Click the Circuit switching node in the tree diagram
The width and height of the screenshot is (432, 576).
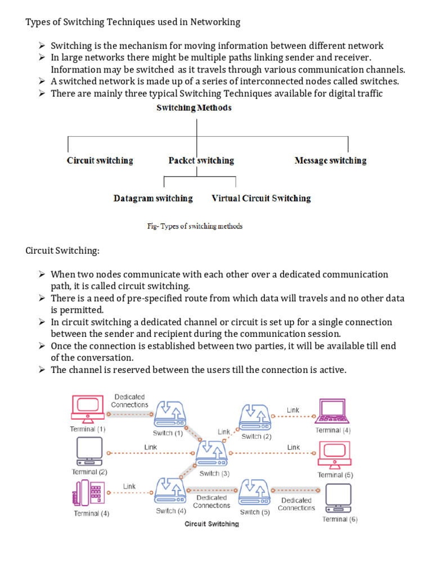(100, 161)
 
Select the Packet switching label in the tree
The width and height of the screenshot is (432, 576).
(201, 161)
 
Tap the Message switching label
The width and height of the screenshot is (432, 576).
(330, 161)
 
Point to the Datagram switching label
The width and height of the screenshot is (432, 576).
(153, 199)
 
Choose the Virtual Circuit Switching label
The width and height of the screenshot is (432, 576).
(261, 199)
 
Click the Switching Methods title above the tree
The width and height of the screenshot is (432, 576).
(193, 107)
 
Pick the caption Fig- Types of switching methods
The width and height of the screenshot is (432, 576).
(195, 226)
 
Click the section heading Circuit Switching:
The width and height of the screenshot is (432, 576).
(62, 250)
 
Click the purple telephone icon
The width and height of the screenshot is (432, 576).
(86, 493)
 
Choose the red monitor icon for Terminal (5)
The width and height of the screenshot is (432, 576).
(334, 454)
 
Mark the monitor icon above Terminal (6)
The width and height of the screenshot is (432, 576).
(339, 497)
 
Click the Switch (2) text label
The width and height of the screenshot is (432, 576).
(256, 436)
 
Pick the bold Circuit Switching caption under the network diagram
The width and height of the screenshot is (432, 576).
(211, 524)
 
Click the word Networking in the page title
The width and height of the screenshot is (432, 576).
(216, 22)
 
